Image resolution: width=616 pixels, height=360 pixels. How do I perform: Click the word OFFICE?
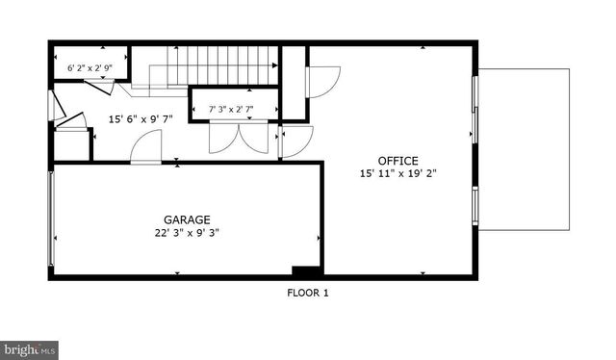tap(398, 160)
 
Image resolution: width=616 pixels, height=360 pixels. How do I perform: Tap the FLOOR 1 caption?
tap(308, 294)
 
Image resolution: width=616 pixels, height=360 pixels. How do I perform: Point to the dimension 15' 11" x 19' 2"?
tap(398, 174)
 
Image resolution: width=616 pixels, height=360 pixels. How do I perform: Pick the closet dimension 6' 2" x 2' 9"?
tap(90, 69)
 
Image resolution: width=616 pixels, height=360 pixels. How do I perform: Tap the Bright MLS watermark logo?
tap(30, 349)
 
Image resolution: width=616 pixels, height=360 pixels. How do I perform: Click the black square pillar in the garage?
tap(304, 271)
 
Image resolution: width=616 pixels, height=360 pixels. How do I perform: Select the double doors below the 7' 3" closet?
tap(240, 139)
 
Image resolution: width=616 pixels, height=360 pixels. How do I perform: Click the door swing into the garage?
tap(146, 149)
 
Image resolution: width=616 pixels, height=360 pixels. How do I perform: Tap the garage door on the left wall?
tap(51, 219)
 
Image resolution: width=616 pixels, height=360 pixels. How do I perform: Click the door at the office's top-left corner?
tap(322, 82)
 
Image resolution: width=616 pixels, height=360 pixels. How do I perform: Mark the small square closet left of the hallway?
tap(72, 144)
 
